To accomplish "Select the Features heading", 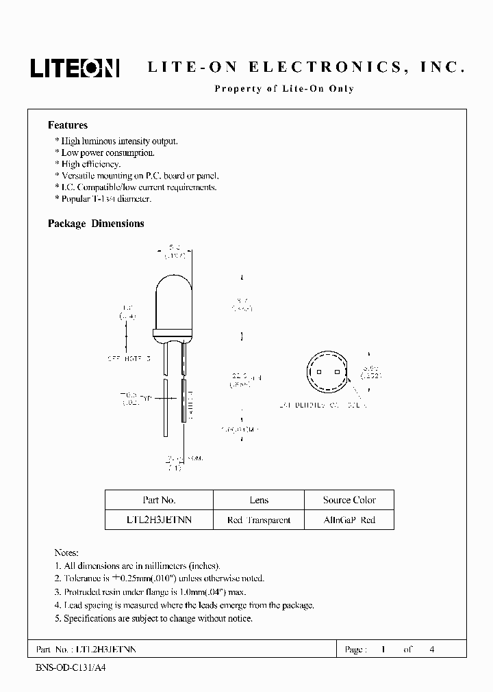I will point(68,125).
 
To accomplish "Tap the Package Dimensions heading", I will point(96,224).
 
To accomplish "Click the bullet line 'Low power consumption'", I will point(108,152).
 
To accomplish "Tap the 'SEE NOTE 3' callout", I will point(128,358).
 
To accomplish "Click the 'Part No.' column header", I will point(159,500).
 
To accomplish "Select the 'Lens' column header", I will point(259,500).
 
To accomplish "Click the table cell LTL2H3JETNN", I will point(159,520).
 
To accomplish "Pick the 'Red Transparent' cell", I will point(259,520).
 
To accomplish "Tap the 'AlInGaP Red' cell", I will point(349,520).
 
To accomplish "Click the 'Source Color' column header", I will point(349,500).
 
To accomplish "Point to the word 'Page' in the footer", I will point(355,650).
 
